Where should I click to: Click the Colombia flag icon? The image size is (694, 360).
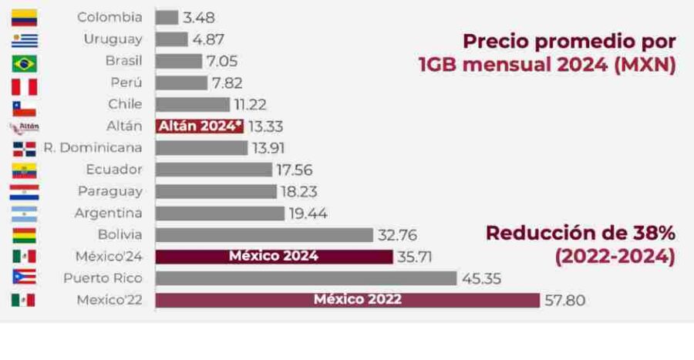click(24, 18)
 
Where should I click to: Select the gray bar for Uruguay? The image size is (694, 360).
click(171, 39)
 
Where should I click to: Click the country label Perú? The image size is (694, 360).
click(126, 83)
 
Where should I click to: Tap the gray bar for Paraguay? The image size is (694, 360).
click(216, 191)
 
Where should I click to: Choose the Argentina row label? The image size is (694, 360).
click(108, 213)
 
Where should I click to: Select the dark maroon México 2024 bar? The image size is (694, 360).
click(274, 257)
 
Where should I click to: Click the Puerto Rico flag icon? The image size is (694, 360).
click(24, 278)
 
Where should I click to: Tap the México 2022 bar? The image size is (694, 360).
click(348, 300)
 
